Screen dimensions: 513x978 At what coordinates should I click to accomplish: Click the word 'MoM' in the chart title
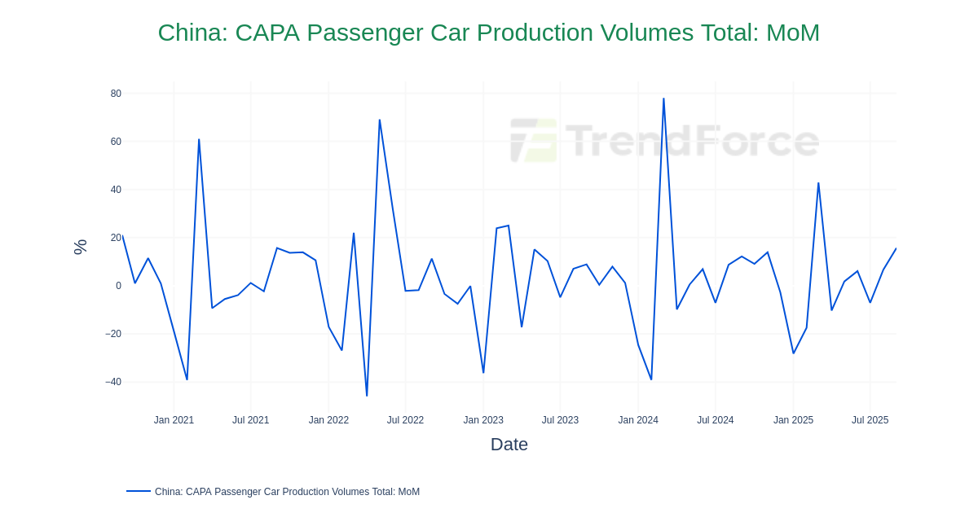click(792, 33)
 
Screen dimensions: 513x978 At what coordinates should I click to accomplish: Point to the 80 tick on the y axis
click(116, 94)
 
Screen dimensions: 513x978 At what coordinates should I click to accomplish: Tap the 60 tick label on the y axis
click(116, 142)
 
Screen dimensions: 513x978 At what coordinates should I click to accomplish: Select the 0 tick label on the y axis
click(118, 286)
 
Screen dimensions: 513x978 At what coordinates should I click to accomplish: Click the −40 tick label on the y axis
click(113, 382)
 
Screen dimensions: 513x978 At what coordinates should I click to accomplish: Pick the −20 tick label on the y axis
click(113, 334)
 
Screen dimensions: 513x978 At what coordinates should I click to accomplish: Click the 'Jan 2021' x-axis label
click(174, 420)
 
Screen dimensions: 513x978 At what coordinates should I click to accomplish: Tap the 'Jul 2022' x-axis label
click(405, 420)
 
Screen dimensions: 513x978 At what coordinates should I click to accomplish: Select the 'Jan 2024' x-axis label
click(638, 420)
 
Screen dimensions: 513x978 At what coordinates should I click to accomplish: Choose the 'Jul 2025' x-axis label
click(870, 420)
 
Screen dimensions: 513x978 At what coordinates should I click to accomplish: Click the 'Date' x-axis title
click(509, 445)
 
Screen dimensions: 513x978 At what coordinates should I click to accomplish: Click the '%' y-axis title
click(80, 247)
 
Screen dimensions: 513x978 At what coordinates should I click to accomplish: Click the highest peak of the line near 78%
click(663, 99)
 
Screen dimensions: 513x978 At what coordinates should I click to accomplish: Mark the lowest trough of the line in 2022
click(367, 396)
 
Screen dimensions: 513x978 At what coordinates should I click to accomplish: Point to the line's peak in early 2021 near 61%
click(199, 139)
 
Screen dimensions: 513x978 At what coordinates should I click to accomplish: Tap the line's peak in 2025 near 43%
click(818, 183)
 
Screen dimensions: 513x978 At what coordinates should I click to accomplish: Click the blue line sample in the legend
click(139, 491)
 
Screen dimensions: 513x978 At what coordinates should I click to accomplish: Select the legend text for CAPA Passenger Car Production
click(287, 492)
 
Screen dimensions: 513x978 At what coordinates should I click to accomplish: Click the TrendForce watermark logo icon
click(534, 140)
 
